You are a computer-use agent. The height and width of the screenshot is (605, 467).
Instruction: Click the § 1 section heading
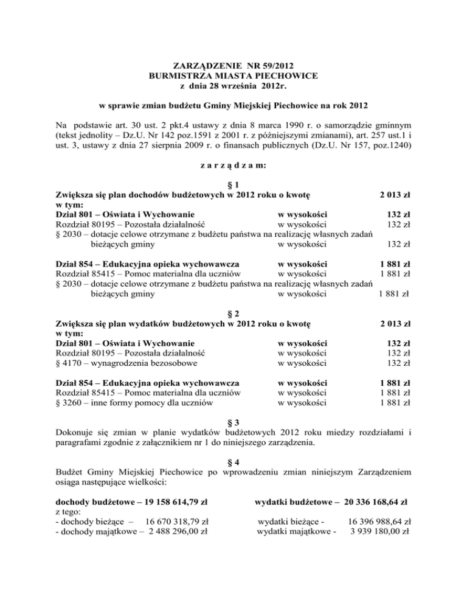[x=233, y=185]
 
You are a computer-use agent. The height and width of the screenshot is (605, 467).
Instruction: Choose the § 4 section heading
[x=233, y=461]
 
